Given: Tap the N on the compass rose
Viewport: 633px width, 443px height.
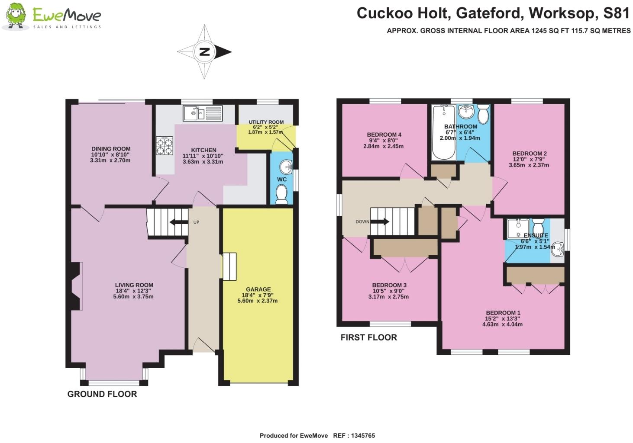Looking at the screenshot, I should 204,52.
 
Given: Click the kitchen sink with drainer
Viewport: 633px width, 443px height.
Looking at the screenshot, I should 203,113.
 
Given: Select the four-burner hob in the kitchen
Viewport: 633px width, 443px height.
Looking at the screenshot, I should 165,145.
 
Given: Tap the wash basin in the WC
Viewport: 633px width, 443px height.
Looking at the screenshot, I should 286,165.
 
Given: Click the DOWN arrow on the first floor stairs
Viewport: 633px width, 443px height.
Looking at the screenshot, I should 380,222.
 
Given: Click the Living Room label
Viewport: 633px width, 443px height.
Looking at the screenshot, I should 134,285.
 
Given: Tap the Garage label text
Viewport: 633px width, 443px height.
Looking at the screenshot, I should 258,289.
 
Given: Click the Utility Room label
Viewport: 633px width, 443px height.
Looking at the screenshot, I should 266,122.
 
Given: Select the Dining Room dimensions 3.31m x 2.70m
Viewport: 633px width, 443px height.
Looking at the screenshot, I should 110,161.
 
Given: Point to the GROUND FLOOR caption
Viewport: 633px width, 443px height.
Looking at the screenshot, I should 102,394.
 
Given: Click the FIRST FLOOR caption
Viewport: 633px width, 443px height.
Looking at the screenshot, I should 368,337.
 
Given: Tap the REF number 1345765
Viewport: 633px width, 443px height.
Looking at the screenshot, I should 361,436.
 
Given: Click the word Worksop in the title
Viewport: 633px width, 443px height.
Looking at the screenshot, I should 562,13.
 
